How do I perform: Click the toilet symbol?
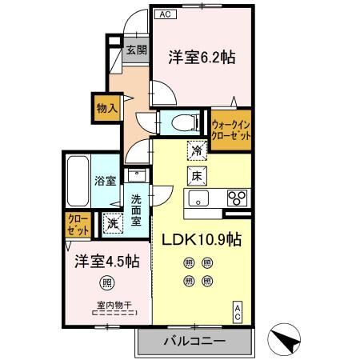point(186,123)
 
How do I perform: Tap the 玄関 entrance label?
point(137,50)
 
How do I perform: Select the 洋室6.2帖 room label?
point(202,57)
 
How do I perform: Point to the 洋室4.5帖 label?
point(107,261)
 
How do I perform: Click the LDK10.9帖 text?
point(202,239)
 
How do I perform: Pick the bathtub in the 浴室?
point(78,181)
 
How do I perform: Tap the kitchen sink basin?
point(198,198)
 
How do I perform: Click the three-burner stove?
point(237,198)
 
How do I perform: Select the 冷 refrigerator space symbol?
point(197,150)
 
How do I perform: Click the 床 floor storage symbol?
point(197,176)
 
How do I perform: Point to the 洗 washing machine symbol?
point(113,223)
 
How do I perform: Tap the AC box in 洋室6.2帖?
point(166,14)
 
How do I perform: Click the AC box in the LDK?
point(238,312)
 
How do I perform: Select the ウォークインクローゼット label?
point(231,130)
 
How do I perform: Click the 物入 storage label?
point(107,108)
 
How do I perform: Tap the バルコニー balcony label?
point(194,341)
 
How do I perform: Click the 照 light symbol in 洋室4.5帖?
point(107,282)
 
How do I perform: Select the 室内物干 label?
point(114,305)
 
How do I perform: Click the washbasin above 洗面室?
point(137,175)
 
